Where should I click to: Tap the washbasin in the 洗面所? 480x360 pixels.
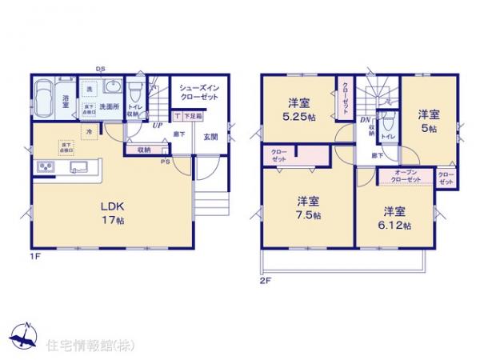pyautogui.click(x=112, y=87)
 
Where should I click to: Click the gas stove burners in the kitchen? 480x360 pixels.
pyautogui.click(x=45, y=167)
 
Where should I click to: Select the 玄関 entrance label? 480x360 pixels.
pyautogui.click(x=211, y=136)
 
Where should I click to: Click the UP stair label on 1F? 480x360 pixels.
pyautogui.click(x=157, y=126)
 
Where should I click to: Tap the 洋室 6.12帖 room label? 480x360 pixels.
pyautogui.click(x=393, y=218)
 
